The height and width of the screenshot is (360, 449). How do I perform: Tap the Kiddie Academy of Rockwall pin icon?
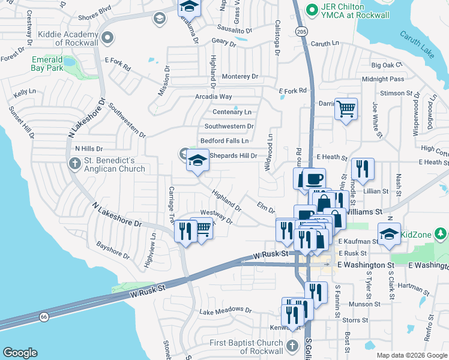(x=108, y=38)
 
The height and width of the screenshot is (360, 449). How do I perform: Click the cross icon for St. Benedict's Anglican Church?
(x=74, y=163)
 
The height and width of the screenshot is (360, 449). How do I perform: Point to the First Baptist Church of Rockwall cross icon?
(x=292, y=346)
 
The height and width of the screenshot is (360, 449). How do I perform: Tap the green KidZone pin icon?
(x=440, y=232)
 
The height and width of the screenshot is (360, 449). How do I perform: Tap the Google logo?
(x=20, y=353)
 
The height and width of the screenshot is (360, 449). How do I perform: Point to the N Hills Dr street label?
(x=89, y=148)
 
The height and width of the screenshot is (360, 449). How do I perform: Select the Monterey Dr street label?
(x=240, y=77)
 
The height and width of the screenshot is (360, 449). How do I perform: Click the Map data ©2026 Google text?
(x=411, y=355)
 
